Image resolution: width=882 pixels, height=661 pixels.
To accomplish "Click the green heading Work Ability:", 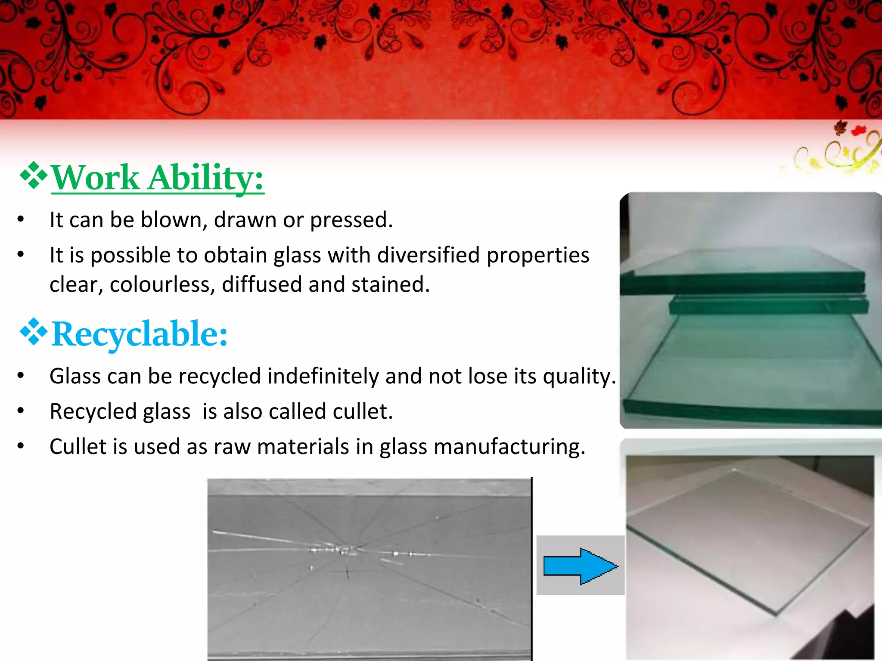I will pos(158,178).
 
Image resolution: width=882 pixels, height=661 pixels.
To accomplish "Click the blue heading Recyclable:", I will pos(140,334).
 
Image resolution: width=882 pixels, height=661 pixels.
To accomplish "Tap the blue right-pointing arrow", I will pos(580,566).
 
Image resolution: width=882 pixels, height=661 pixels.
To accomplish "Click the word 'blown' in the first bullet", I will pos(171,220).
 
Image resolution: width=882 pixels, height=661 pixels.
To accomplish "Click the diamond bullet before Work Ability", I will pos(33,176).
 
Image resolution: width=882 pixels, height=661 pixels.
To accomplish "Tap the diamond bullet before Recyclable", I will pos(33,332).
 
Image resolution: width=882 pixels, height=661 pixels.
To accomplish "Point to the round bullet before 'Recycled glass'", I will pos(21,411).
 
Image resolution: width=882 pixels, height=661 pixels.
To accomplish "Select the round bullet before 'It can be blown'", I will pos(21,219).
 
